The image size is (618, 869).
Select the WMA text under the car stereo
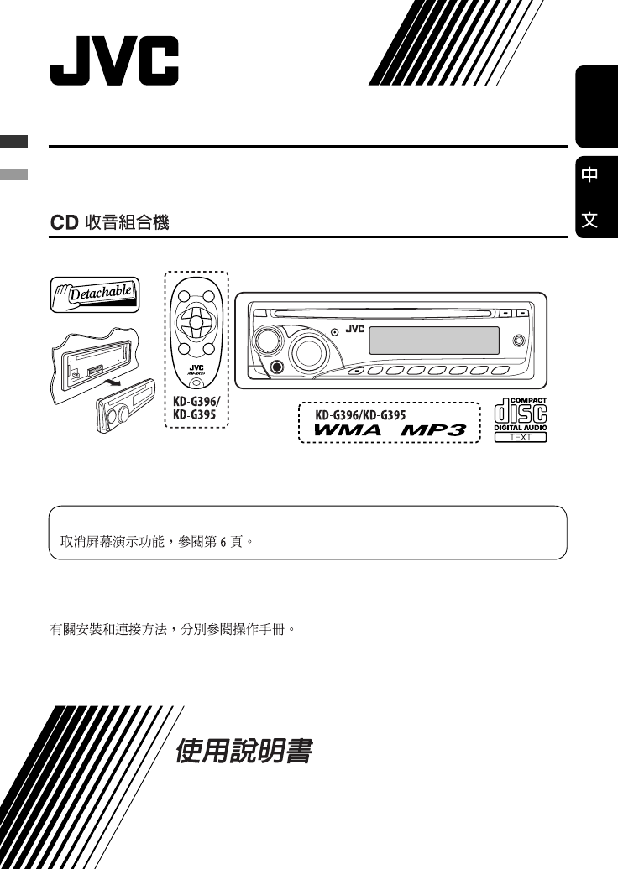(x=348, y=429)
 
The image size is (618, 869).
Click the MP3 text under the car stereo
(x=433, y=429)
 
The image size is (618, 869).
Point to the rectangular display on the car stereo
(x=434, y=341)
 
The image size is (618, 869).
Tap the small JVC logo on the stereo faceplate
(x=354, y=330)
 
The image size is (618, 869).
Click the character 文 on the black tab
(x=590, y=220)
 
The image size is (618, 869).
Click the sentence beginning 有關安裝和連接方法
(x=174, y=627)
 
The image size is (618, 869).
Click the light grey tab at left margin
(x=13, y=174)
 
